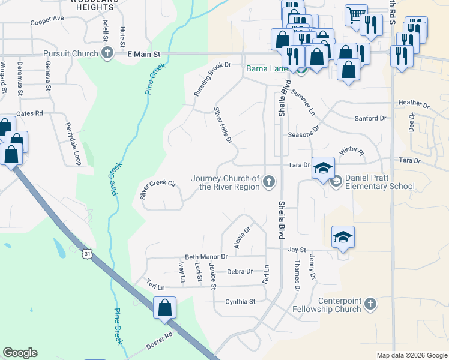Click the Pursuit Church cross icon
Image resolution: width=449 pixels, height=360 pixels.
[107, 53]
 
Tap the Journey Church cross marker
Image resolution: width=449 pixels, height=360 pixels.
[270, 181]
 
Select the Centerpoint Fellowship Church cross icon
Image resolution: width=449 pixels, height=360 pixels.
[370, 304]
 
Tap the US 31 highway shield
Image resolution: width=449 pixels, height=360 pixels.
[88, 254]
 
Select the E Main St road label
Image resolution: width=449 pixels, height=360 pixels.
[145, 54]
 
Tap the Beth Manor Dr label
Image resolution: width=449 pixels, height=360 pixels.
[206, 257]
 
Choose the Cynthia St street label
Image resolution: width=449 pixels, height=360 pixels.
[240, 301]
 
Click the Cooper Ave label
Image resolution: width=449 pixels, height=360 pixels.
[47, 19]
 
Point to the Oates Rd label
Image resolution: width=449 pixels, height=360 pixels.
[30, 113]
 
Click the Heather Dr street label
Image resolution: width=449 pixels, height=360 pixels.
[414, 104]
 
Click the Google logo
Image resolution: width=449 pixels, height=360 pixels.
[20, 353]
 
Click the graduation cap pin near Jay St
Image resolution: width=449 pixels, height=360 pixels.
[343, 237]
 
